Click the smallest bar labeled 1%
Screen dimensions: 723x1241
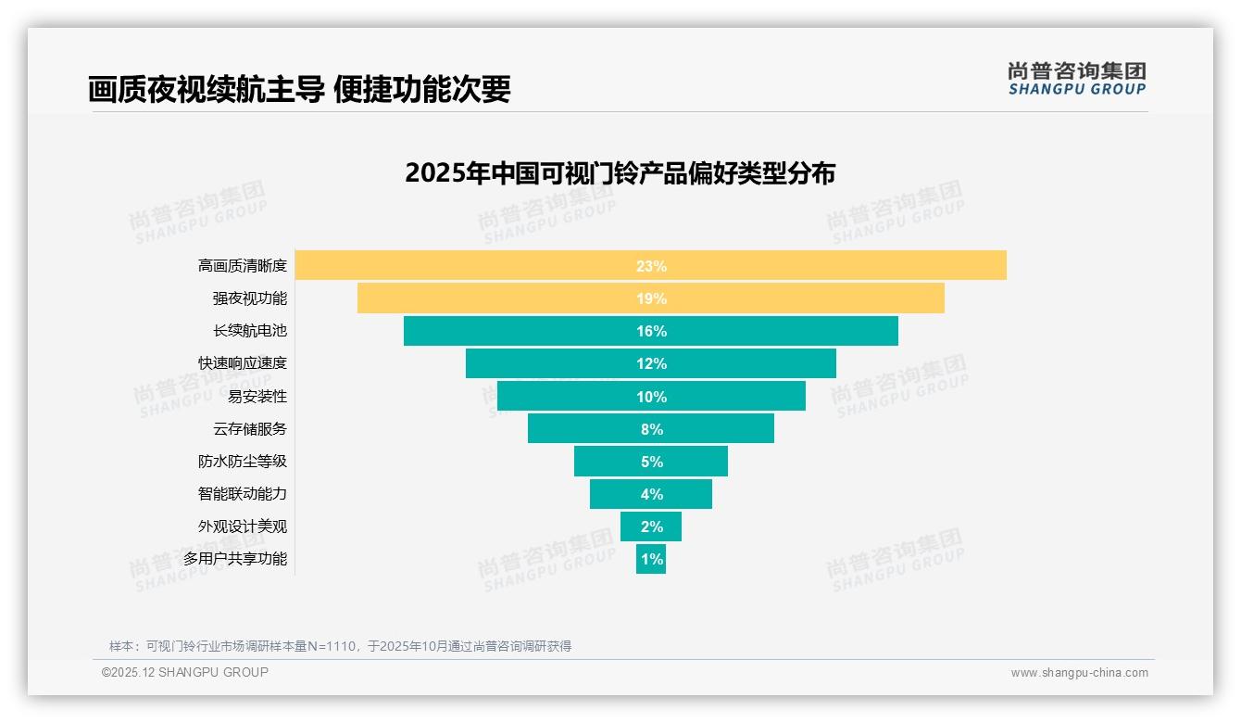[x=651, y=560]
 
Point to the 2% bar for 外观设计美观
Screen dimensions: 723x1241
[x=651, y=526]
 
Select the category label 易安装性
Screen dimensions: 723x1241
[x=257, y=397]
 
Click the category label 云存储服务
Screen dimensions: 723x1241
[x=250, y=429]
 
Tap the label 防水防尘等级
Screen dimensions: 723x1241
[x=243, y=462]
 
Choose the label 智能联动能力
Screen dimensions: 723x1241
[x=243, y=494]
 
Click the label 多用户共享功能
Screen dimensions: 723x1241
[x=235, y=559]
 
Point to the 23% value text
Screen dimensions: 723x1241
[x=651, y=266]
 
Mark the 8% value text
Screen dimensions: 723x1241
[x=651, y=429]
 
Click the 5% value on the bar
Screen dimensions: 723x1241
[x=651, y=462]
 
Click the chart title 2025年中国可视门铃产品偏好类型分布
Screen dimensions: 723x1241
[x=620, y=173]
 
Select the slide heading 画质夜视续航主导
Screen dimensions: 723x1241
[x=206, y=89]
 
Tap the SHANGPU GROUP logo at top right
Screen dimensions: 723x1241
[x=1077, y=79]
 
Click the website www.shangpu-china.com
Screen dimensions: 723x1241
[x=1079, y=673]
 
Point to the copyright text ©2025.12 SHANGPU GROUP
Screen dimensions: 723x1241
[x=185, y=672]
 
